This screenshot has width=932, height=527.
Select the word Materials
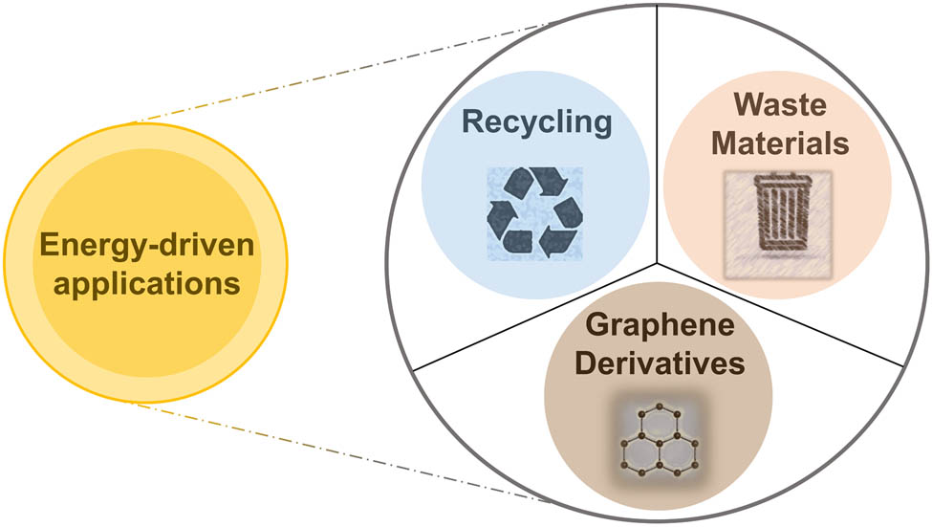[777, 144]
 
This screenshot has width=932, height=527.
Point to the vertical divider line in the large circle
[657, 134]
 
